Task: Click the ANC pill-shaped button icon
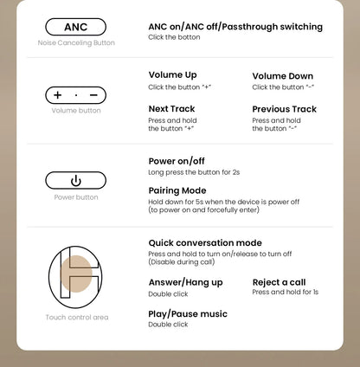click(75, 27)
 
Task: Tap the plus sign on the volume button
click(58, 95)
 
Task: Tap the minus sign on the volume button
click(93, 95)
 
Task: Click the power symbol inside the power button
click(76, 181)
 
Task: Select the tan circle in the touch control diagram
click(76, 274)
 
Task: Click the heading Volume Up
click(172, 75)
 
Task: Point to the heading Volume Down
click(283, 76)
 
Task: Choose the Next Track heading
click(171, 109)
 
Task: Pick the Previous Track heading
click(285, 109)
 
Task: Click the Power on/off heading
click(177, 161)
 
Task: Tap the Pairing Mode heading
click(177, 190)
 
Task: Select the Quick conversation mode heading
click(205, 243)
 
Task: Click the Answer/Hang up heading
click(186, 282)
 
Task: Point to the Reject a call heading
click(279, 282)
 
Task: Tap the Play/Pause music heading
click(188, 314)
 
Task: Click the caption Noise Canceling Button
click(76, 43)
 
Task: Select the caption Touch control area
click(77, 318)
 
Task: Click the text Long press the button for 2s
click(194, 172)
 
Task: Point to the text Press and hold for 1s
click(286, 292)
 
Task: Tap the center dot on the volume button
click(76, 95)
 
